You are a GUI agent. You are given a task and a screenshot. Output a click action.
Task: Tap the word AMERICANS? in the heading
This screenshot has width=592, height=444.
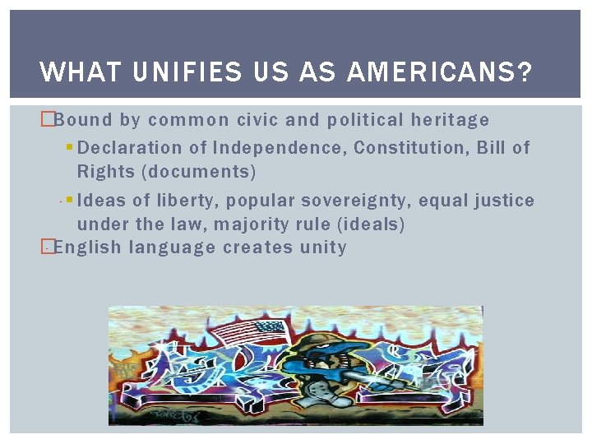pos(439,72)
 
